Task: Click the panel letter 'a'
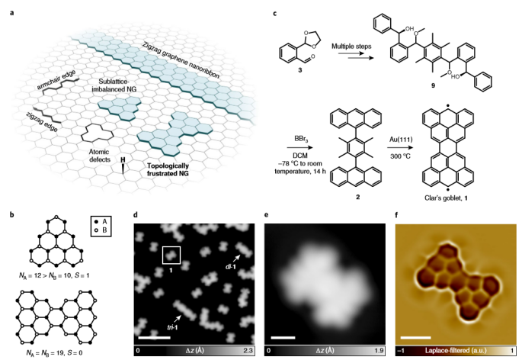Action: (12, 13)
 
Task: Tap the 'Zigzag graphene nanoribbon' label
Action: (181, 60)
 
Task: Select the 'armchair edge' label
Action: (56, 79)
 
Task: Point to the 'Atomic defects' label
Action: (100, 156)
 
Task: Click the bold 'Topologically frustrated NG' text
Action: (168, 169)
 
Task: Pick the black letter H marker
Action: (123, 160)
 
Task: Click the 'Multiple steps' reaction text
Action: (351, 47)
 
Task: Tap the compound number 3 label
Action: (300, 70)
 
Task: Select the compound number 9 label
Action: (433, 85)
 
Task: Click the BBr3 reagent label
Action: (300, 138)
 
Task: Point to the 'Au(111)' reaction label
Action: (401, 138)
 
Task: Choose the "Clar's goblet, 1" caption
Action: (446, 198)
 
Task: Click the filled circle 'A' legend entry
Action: (101, 221)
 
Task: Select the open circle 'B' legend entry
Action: (101, 230)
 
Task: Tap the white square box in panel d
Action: (171, 246)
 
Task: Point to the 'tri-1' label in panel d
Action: (172, 327)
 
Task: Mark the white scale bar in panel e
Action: (283, 337)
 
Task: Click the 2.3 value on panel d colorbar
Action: (248, 351)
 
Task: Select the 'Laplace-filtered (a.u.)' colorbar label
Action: (456, 351)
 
